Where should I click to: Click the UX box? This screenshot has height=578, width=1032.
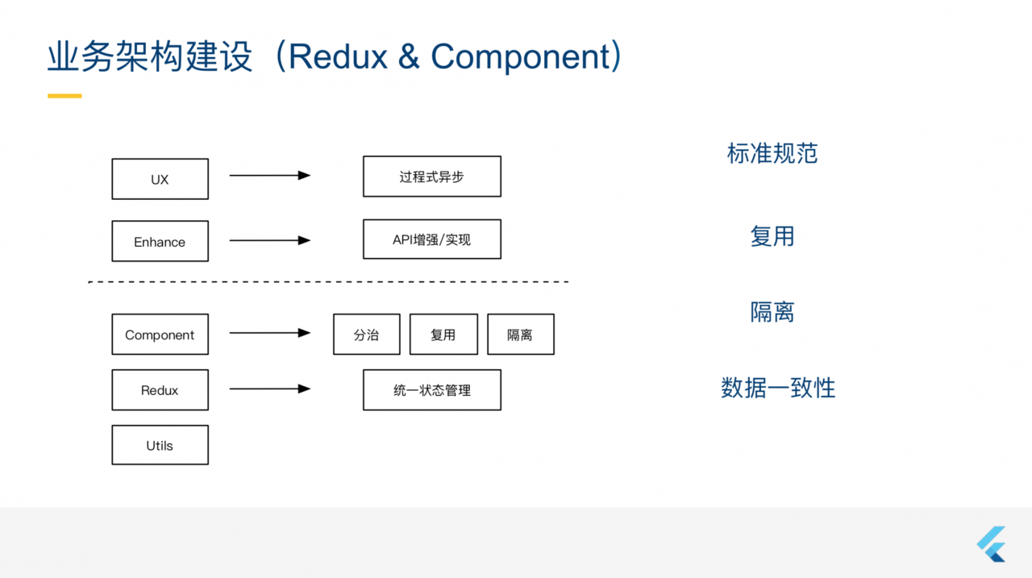[x=160, y=179]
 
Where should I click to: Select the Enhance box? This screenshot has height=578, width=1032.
[x=160, y=241]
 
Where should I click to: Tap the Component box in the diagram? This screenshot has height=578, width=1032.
[x=160, y=335]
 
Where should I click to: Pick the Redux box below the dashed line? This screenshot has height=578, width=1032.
[x=160, y=390]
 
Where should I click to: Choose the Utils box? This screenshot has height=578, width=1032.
[x=160, y=445]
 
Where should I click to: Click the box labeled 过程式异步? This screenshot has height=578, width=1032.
[x=431, y=177]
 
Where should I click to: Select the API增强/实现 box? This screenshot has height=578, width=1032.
[x=431, y=239]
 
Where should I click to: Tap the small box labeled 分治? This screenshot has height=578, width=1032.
[x=366, y=335]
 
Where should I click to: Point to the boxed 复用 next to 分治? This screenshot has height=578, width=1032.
[x=443, y=335]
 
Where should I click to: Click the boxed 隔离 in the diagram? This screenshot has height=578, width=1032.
[x=520, y=335]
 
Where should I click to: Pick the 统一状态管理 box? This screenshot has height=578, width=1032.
[x=431, y=390]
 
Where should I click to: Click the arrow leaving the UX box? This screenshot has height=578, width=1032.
[x=269, y=175]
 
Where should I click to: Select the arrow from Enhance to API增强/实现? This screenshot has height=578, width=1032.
[x=269, y=240]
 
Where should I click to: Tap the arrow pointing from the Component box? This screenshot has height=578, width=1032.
[x=269, y=332]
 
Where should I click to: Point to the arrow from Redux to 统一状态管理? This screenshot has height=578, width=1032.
[x=269, y=389]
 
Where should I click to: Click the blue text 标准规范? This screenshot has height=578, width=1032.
[x=772, y=153]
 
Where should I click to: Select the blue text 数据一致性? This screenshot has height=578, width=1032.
[x=777, y=388]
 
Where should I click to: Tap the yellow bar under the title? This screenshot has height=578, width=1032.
[x=64, y=96]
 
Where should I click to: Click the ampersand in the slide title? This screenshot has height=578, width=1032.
[x=409, y=57]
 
